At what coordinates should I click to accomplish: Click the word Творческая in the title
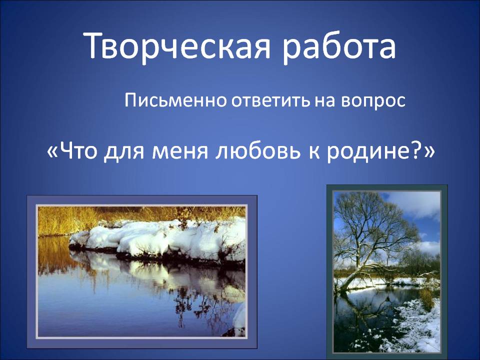(177, 46)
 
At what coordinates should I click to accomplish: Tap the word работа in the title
(339, 46)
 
